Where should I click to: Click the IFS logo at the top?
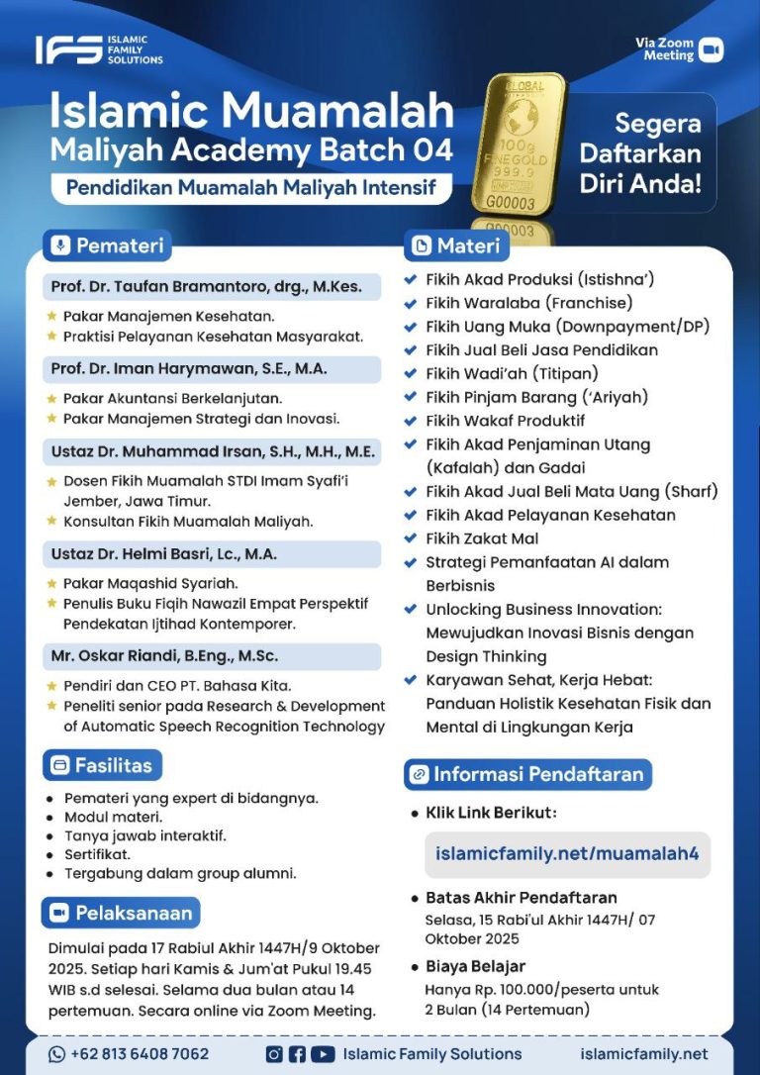coord(98,49)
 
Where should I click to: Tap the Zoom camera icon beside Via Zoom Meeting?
coord(711,49)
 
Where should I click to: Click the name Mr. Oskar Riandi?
coord(164,656)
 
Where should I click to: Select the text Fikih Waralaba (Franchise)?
coord(528,303)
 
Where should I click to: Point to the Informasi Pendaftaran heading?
coord(527,774)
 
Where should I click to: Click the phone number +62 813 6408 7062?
coord(129,1054)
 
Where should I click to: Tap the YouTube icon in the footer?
coord(322,1054)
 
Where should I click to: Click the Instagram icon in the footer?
coord(274,1054)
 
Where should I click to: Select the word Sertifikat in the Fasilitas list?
coord(98,854)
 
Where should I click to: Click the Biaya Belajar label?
coord(475,966)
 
